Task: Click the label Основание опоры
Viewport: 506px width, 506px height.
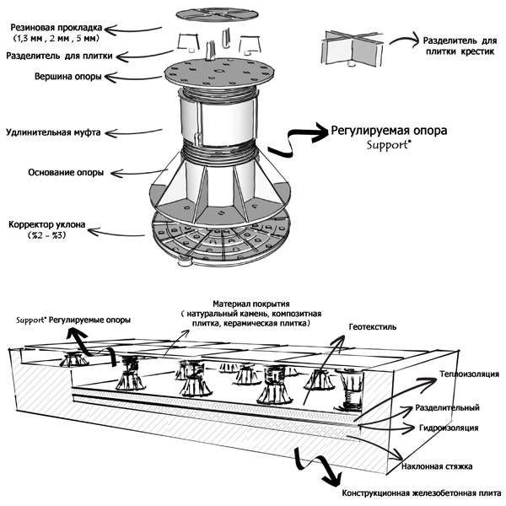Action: (54, 174)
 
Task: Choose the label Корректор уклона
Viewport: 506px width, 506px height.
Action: (51, 225)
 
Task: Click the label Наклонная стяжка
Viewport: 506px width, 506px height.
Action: (447, 466)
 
